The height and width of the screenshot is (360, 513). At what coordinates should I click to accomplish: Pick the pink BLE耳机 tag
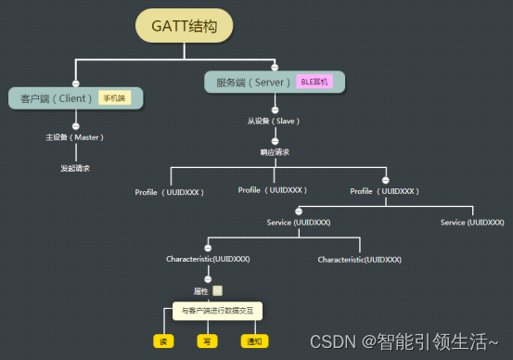[x=315, y=83]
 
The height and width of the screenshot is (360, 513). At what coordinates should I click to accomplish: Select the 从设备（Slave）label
[x=274, y=121]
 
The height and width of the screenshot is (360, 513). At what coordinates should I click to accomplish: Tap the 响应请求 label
[x=275, y=151]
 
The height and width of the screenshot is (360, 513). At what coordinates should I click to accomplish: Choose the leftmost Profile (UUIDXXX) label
[x=170, y=192]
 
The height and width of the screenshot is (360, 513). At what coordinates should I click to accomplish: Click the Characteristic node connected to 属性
[x=208, y=259]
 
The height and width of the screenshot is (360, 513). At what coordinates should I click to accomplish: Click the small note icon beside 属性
[x=218, y=289]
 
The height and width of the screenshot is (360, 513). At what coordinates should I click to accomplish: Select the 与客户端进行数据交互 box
[x=217, y=311]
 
